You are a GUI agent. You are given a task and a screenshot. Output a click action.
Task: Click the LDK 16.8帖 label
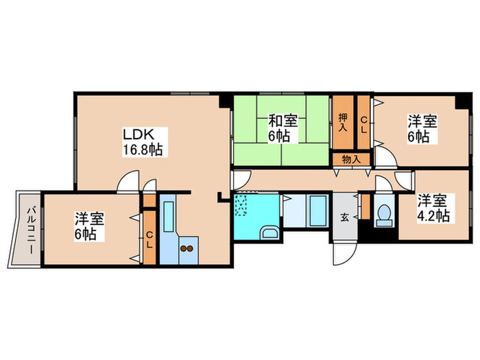[x=143, y=141]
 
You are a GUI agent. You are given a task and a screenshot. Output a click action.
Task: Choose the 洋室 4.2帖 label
[x=433, y=208]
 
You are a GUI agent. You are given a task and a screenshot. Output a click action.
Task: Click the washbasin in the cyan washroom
[x=269, y=232]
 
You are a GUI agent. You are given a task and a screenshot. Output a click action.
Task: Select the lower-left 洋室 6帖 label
[x=89, y=226]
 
